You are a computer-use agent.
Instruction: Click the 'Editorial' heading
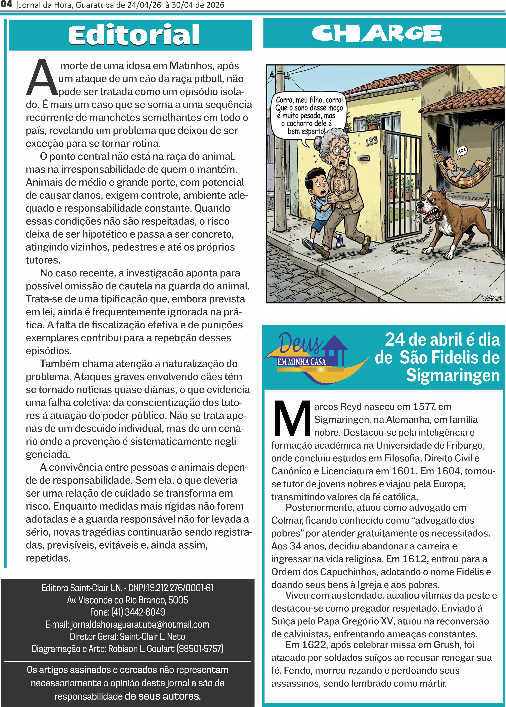pos(134,35)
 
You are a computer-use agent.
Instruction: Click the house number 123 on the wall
pos(371,142)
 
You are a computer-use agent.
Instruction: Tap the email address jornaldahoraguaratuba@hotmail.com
pos(140,624)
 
